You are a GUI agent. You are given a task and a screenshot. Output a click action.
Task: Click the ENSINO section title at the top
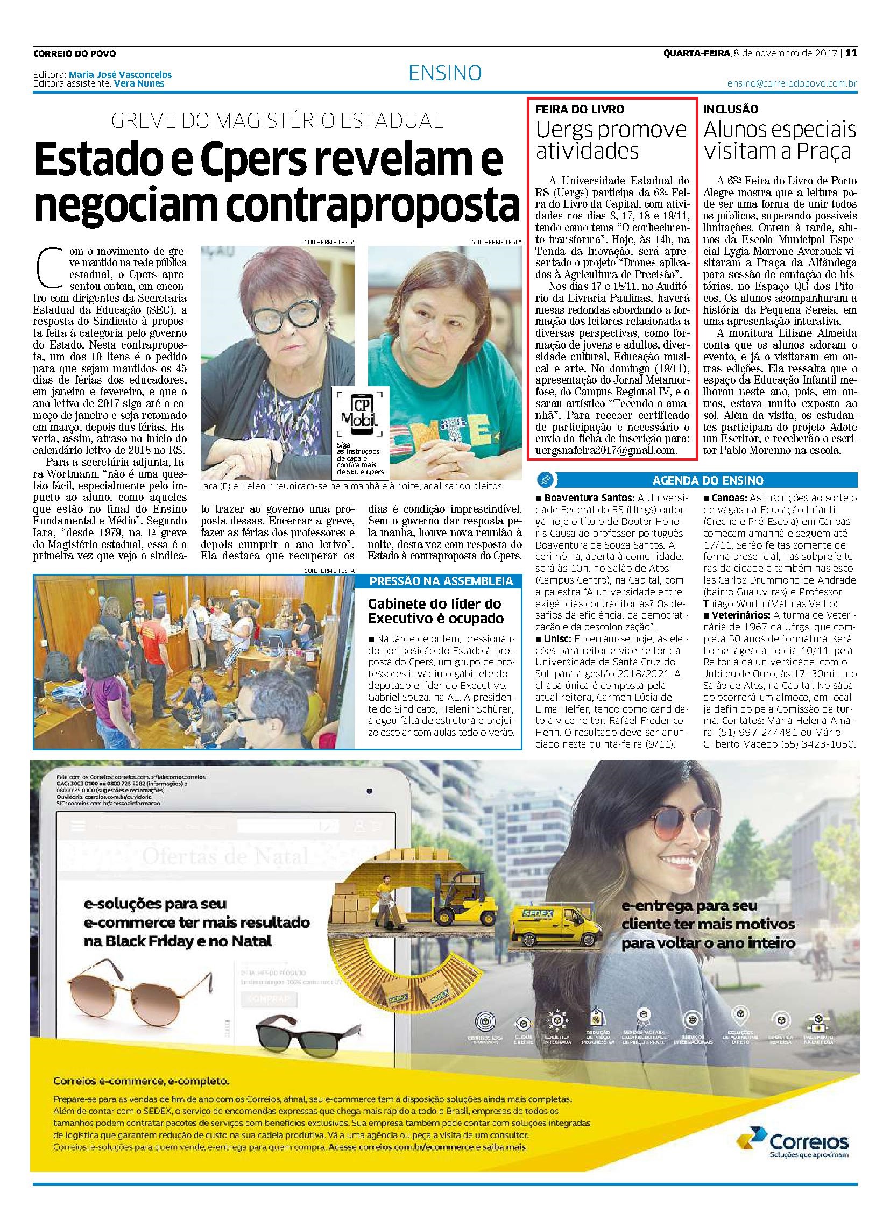pyautogui.click(x=445, y=73)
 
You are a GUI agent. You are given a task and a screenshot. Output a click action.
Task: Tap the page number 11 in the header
pyautogui.click(x=851, y=53)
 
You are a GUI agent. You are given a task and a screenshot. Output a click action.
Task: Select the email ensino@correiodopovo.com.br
pyautogui.click(x=792, y=84)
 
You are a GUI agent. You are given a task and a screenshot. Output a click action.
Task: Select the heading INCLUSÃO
pyautogui.click(x=731, y=109)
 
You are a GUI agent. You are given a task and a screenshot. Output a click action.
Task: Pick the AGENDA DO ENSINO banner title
pyautogui.click(x=708, y=480)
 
